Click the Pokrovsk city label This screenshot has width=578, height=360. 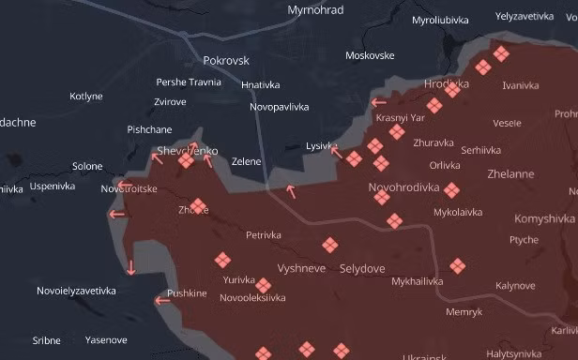click(226, 60)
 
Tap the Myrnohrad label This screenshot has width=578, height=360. click(315, 10)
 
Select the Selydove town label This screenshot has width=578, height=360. click(362, 268)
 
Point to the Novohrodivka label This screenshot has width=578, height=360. click(404, 187)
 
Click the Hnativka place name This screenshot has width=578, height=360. click(261, 85)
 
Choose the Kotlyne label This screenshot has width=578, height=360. click(86, 96)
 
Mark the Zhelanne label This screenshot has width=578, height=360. click(510, 174)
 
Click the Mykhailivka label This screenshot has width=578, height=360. click(418, 281)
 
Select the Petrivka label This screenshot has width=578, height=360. click(264, 235)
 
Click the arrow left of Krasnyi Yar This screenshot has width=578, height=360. click(378, 103)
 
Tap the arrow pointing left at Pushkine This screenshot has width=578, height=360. click(161, 301)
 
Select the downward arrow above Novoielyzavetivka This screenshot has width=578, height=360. click(130, 267)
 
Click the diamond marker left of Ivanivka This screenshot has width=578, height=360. click(482, 67)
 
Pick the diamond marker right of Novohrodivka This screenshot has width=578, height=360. click(451, 190)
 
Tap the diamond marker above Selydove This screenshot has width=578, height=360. click(329, 246)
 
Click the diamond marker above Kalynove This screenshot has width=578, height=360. click(457, 266)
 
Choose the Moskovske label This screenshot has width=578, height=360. click(370, 55)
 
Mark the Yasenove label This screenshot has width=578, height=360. click(106, 339)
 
